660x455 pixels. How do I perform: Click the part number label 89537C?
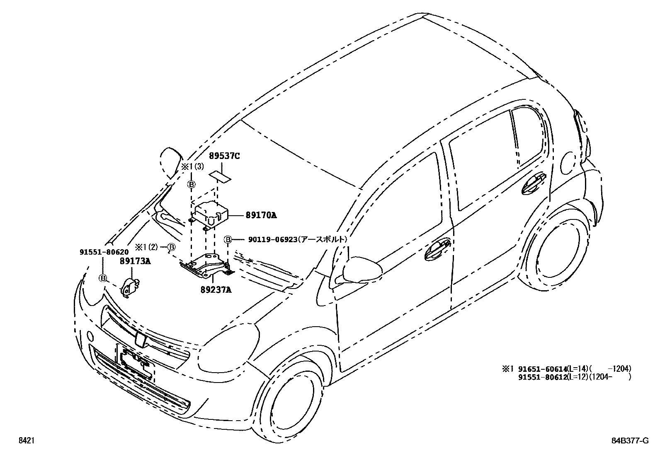(224, 156)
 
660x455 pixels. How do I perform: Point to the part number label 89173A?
(135, 261)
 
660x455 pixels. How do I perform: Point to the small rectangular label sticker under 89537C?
(220, 176)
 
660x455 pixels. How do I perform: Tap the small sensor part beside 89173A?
(130, 286)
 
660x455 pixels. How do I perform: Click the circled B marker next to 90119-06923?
(228, 239)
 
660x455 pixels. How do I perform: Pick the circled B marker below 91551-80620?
(102, 278)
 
